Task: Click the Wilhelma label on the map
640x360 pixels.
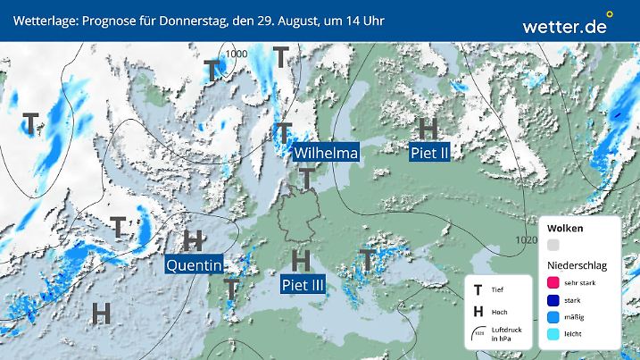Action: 327,154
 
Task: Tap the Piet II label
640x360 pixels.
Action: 428,154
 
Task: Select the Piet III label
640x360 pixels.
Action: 303,285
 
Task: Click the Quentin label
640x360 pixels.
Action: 195,264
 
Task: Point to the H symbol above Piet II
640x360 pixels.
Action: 428,129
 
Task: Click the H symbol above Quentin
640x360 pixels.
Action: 193,239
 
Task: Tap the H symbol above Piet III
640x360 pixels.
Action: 302,260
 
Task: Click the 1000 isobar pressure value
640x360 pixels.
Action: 237,54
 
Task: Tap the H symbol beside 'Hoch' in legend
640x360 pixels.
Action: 478,312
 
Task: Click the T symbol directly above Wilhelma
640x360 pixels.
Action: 285,131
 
